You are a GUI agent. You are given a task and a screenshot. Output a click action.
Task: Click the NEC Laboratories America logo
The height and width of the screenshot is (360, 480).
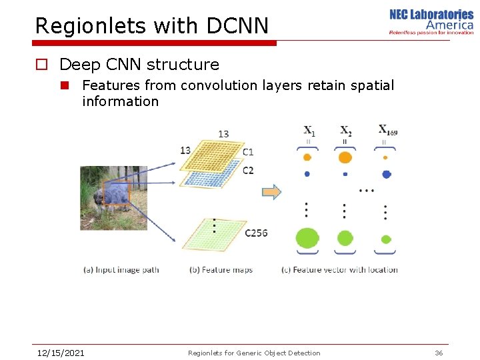pos(431,21)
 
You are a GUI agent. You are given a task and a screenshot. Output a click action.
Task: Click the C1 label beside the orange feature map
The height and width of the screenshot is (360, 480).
pos(248,152)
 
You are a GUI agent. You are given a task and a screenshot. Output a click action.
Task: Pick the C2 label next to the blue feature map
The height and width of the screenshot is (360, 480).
pos(248,171)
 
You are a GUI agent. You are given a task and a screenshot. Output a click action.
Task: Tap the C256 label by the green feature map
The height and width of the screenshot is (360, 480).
pos(256,233)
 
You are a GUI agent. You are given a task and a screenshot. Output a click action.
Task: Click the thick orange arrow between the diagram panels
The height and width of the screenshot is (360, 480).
pos(271,192)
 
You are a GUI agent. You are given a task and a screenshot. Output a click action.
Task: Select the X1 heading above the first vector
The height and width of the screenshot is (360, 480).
pos(309,131)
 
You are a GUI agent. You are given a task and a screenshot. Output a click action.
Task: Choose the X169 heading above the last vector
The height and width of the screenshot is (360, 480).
pos(387,130)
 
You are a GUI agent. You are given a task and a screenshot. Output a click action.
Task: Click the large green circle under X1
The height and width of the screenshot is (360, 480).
pos(307,237)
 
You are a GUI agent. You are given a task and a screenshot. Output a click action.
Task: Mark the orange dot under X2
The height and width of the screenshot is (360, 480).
pos(345,158)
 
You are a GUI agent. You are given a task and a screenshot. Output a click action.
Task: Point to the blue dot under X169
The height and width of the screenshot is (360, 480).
pos(386,175)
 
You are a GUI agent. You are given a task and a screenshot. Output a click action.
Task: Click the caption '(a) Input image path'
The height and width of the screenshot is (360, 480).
pos(121,270)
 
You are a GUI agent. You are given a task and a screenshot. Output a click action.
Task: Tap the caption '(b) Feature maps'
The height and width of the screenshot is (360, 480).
pos(221,270)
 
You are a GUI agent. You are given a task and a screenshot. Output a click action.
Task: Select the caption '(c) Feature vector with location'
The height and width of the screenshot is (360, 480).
pos(340,270)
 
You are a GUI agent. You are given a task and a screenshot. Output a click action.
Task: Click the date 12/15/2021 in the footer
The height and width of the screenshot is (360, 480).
pos(61,353)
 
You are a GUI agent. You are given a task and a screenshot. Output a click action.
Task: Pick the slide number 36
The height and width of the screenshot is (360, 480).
pos(439,353)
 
